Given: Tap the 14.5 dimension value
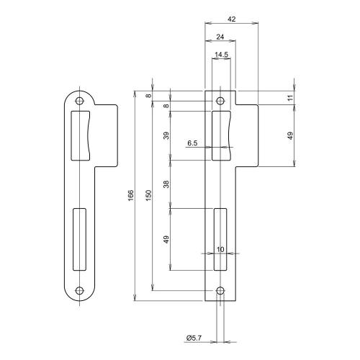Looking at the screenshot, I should [x=220, y=55].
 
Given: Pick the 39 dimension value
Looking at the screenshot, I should [x=166, y=136].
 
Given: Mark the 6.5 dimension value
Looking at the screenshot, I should [x=192, y=143].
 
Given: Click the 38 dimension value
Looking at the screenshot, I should [x=166, y=185].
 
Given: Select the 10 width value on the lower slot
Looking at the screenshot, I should [x=220, y=249].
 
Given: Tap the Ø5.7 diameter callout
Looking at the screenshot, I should [x=193, y=338].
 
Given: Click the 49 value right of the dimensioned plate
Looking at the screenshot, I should [x=292, y=135].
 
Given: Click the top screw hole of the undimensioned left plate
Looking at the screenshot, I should [x=80, y=101].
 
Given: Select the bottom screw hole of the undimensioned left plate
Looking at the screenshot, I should [x=80, y=292].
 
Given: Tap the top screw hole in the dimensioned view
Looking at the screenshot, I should [x=220, y=101].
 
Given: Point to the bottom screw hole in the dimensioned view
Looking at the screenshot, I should [x=220, y=292].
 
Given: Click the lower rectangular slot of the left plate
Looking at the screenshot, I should [x=80, y=238].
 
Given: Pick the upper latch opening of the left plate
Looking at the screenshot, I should [x=81, y=135].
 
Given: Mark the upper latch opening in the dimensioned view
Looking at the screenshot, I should [x=222, y=135].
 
